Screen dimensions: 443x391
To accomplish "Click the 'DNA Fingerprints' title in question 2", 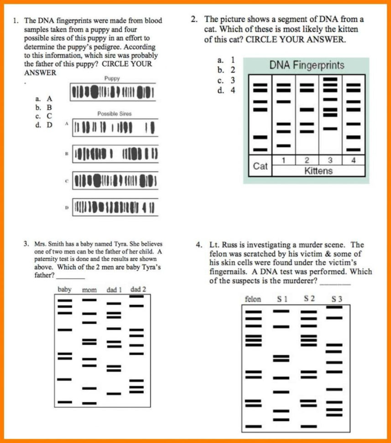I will tap(306, 65).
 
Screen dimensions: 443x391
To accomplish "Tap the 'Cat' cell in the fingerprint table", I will tap(260, 166).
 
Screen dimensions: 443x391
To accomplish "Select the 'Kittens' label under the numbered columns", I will tap(319, 171).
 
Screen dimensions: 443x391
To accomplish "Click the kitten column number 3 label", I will tap(330, 160).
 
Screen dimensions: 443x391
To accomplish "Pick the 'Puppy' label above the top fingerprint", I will tap(112, 79).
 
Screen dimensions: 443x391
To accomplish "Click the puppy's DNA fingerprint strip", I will tap(112, 92).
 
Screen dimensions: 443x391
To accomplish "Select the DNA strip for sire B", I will tap(116, 154).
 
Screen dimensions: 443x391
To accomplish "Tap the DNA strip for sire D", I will tap(116, 207).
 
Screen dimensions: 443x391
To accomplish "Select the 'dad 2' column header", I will tap(138, 289).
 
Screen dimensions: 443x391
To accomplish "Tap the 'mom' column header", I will tap(89, 290).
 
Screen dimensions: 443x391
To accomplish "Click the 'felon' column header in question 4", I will tap(253, 299).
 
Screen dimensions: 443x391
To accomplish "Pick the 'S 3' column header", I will tap(337, 299).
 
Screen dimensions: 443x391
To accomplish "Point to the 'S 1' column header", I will tap(282, 299).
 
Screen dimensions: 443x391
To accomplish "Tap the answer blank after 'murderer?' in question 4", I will tap(335, 281).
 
